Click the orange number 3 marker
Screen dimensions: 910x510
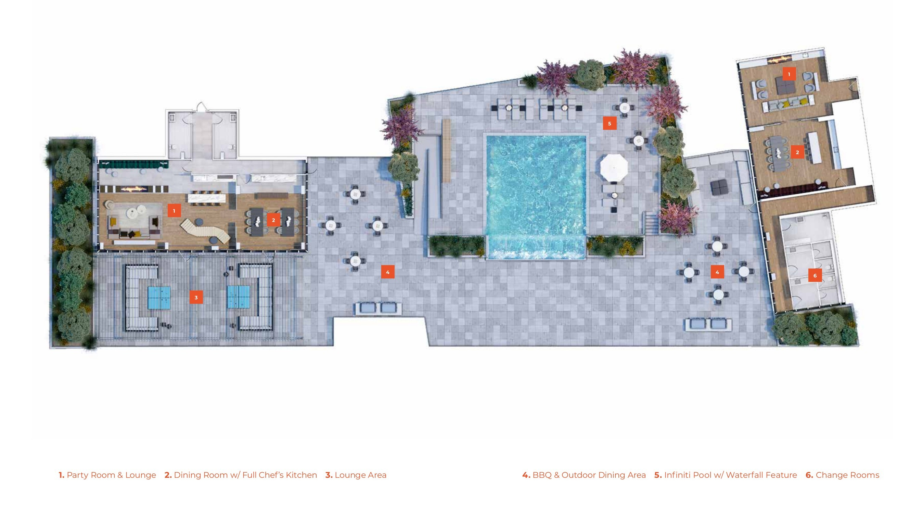pyautogui.click(x=196, y=297)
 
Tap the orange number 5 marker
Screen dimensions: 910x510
pyautogui.click(x=610, y=123)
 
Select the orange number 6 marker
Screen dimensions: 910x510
pyautogui.click(x=815, y=275)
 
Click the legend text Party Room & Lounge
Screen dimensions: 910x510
pyautogui.click(x=111, y=475)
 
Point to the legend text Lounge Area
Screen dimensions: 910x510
pyautogui.click(x=361, y=475)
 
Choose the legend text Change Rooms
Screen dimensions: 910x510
pyautogui.click(x=847, y=475)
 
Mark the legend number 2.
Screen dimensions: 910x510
pyautogui.click(x=168, y=475)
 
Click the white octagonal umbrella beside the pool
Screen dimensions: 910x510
pyautogui.click(x=614, y=168)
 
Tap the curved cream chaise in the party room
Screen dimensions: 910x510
pyautogui.click(x=205, y=231)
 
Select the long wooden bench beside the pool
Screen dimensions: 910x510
pyautogui.click(x=447, y=151)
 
